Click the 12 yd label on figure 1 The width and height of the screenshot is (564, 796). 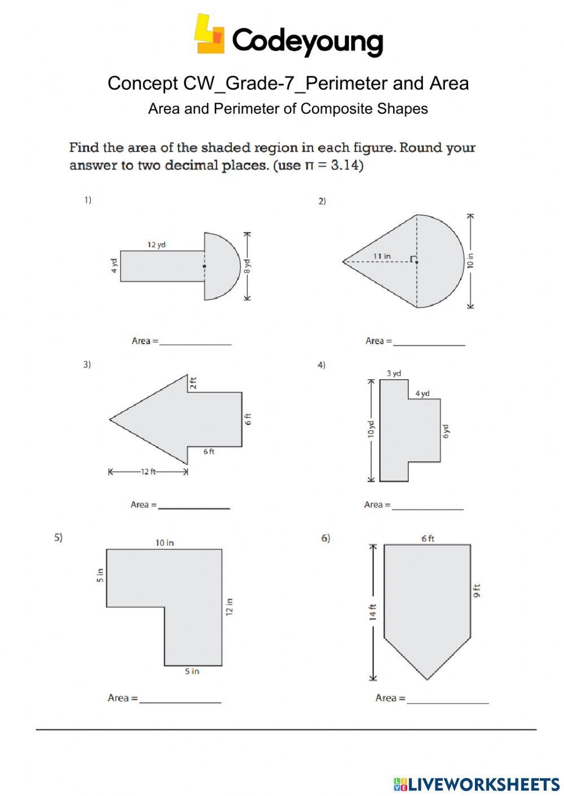coord(156,244)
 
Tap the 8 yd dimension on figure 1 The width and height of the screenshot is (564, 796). coord(247,265)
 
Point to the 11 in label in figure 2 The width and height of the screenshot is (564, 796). coord(382,256)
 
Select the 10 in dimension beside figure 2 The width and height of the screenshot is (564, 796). coord(470,261)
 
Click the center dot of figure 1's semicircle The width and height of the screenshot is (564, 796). coord(204,266)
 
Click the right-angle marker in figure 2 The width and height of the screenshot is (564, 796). coord(413,259)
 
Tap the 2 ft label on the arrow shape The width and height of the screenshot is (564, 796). coord(193,383)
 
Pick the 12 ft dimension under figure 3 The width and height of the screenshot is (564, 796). coord(148,472)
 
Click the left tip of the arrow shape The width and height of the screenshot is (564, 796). coord(111,419)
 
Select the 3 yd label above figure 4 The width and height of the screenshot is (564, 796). coord(394,373)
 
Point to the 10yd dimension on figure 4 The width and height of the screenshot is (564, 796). coord(371,429)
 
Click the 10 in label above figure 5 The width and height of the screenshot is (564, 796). coord(165,542)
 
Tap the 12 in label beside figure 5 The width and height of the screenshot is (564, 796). coord(229,607)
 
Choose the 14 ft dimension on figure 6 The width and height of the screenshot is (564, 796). coord(372,612)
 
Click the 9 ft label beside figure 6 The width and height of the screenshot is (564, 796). coord(477,591)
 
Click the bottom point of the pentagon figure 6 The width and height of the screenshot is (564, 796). coord(427,679)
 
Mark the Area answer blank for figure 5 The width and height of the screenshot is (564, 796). coord(180,698)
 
